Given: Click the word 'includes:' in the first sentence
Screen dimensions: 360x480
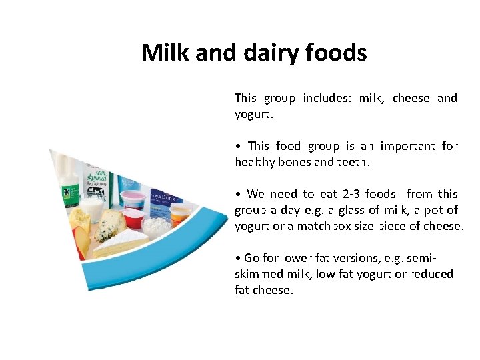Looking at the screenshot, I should [327, 98].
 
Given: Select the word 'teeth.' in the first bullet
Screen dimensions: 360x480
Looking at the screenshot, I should [352, 161].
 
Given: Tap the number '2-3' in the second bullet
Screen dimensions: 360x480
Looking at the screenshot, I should [354, 194].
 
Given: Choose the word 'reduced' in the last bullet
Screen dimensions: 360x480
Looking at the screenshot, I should [432, 274].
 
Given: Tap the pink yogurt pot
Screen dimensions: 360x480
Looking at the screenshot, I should [133, 199].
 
